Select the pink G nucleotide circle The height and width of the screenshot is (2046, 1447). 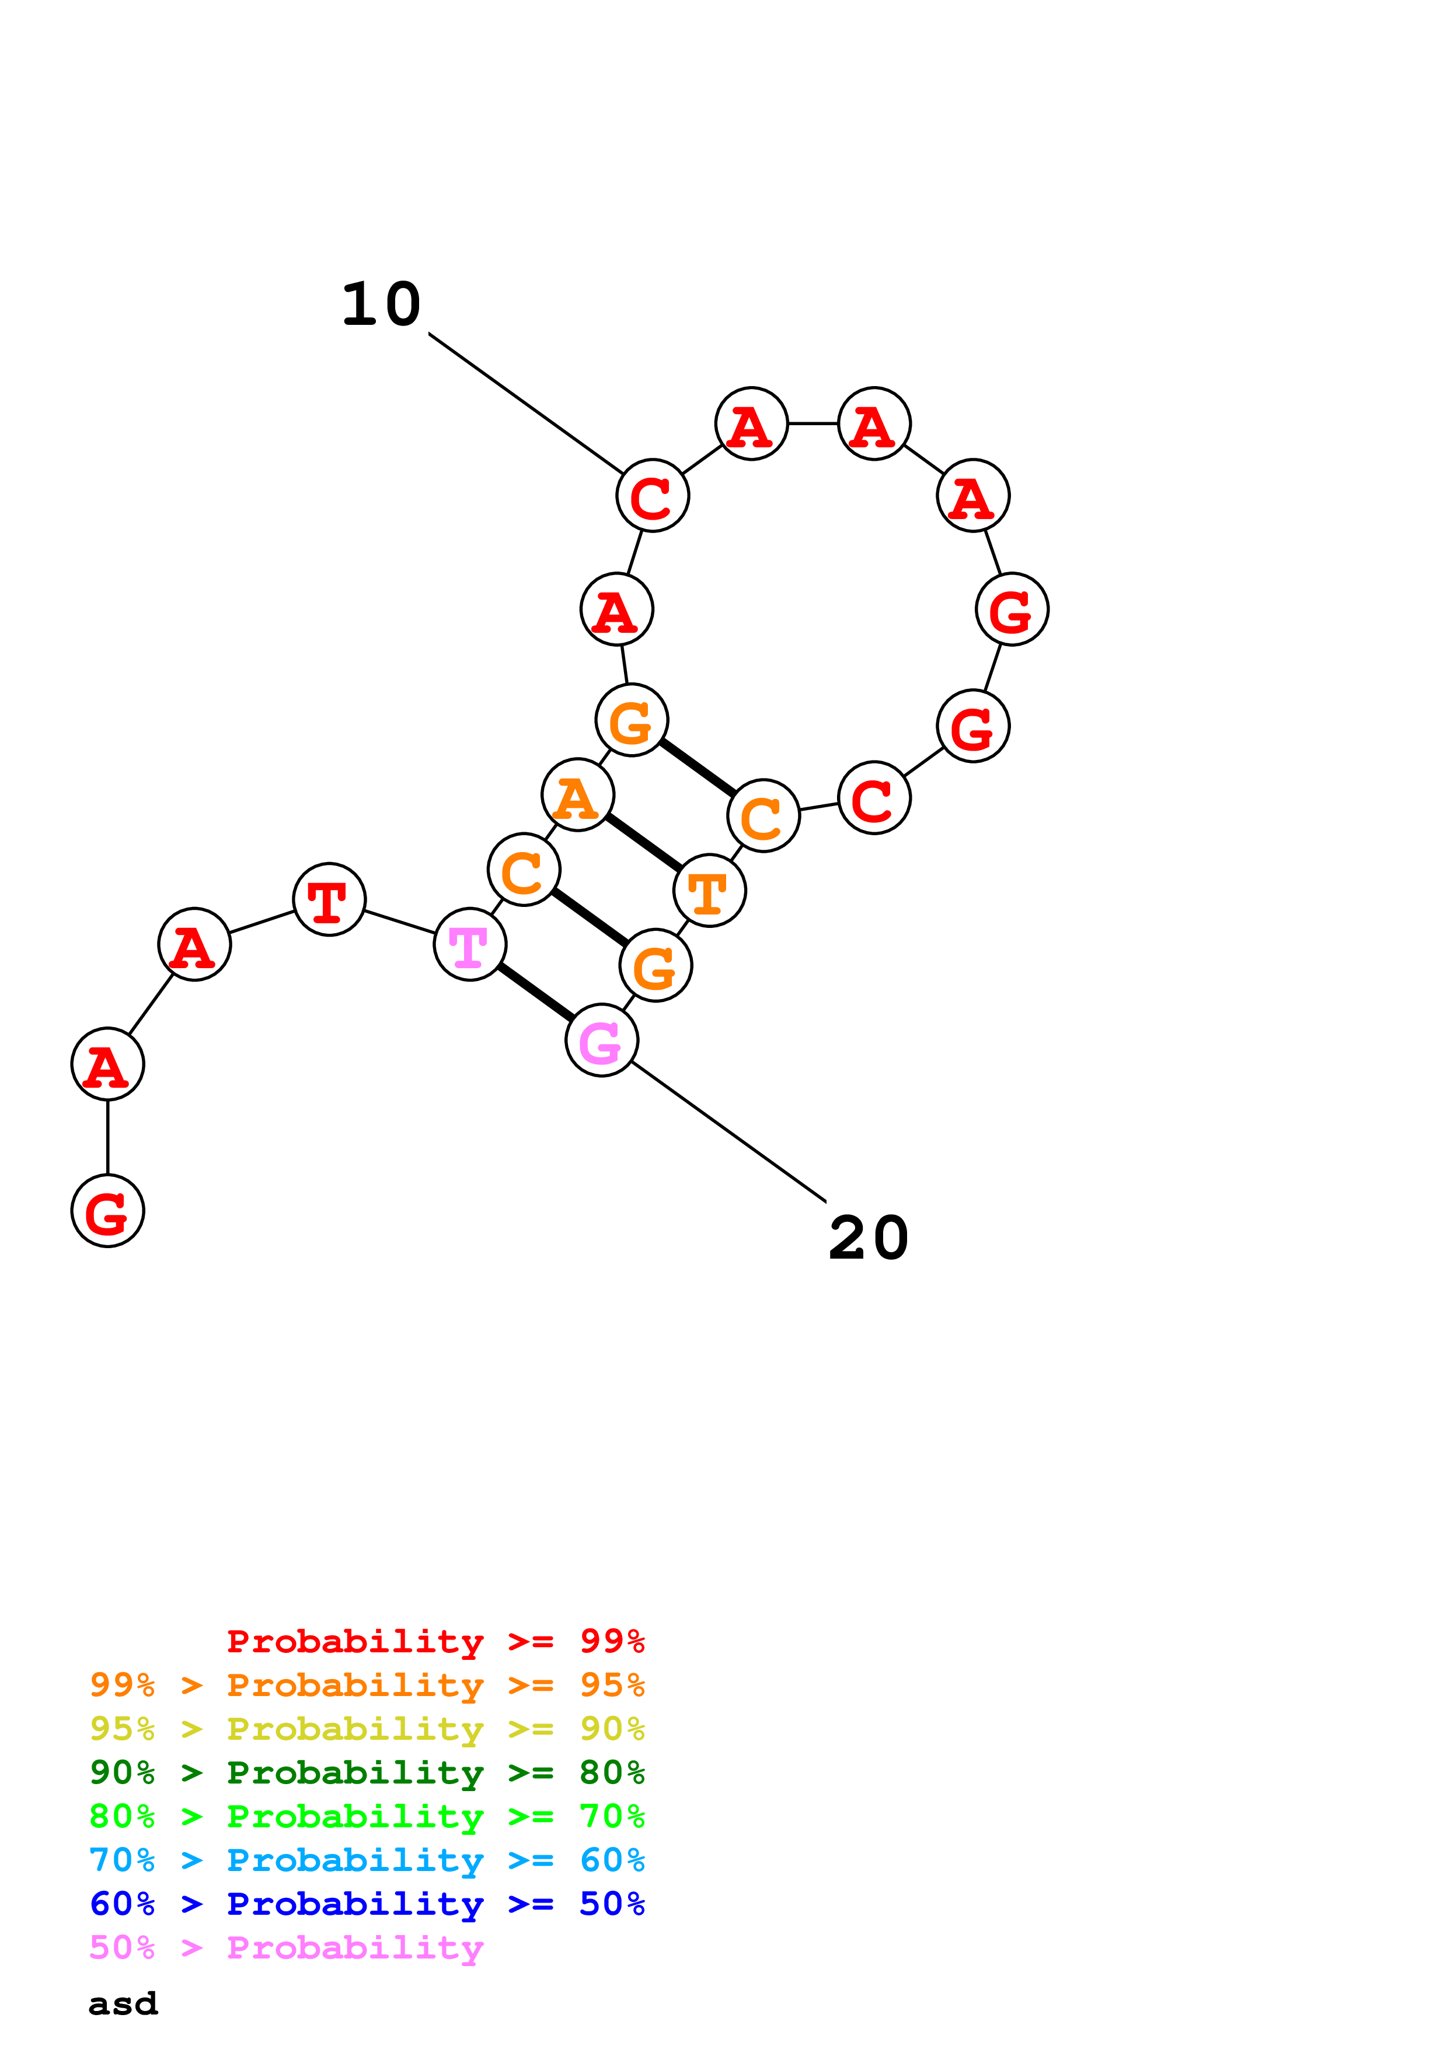pyautogui.click(x=602, y=1040)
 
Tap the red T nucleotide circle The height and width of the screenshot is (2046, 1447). pyautogui.click(x=329, y=899)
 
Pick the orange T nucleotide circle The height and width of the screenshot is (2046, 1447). pyautogui.click(x=710, y=890)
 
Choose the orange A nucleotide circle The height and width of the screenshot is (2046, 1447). pyautogui.click(x=578, y=795)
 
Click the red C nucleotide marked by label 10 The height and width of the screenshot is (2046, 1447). pyautogui.click(x=653, y=495)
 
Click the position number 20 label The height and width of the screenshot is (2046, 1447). pyautogui.click(x=869, y=1239)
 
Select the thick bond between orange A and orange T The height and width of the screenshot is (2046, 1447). pyautogui.click(x=644, y=843)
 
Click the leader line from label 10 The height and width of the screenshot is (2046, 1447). pyautogui.click(x=526, y=404)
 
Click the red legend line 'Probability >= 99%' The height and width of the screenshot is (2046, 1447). pyautogui.click(x=435, y=1641)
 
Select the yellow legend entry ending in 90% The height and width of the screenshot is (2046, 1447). pyautogui.click(x=367, y=1729)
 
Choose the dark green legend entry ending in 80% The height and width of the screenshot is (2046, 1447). pyautogui.click(x=367, y=1772)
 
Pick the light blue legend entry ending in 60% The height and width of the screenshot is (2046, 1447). pyautogui.click(x=367, y=1860)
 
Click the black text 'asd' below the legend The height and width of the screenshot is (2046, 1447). pyautogui.click(x=123, y=2004)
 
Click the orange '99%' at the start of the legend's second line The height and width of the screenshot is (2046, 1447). pyautogui.click(x=122, y=1685)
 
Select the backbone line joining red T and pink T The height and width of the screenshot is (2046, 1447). pyautogui.click(x=399, y=922)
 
